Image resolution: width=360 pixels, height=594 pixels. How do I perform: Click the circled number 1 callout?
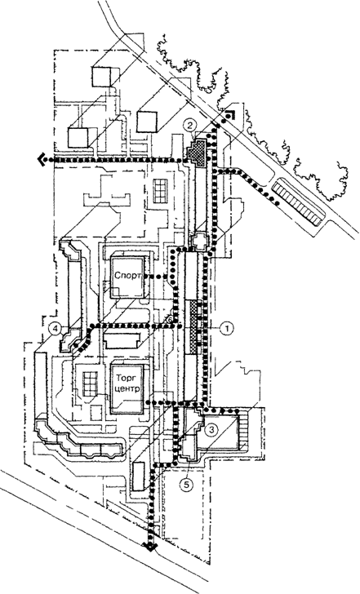point(227,329)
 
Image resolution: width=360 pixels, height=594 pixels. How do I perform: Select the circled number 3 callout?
point(211,429)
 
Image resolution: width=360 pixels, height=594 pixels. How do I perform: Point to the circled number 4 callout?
point(56,329)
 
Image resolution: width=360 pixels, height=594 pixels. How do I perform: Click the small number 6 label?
point(170,320)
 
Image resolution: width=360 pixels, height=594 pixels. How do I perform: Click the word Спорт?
point(127,275)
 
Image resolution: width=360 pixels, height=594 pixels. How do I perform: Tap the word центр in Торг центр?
point(127,389)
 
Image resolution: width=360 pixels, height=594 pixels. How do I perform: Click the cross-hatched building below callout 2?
point(198,152)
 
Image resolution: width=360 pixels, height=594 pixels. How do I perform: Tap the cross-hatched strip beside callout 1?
point(194,328)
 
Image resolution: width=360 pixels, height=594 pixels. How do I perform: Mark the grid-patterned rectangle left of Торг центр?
point(90,383)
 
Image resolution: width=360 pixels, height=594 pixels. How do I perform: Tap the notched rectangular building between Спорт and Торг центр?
point(122,340)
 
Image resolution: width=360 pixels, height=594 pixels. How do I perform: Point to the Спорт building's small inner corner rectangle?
point(115,293)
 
